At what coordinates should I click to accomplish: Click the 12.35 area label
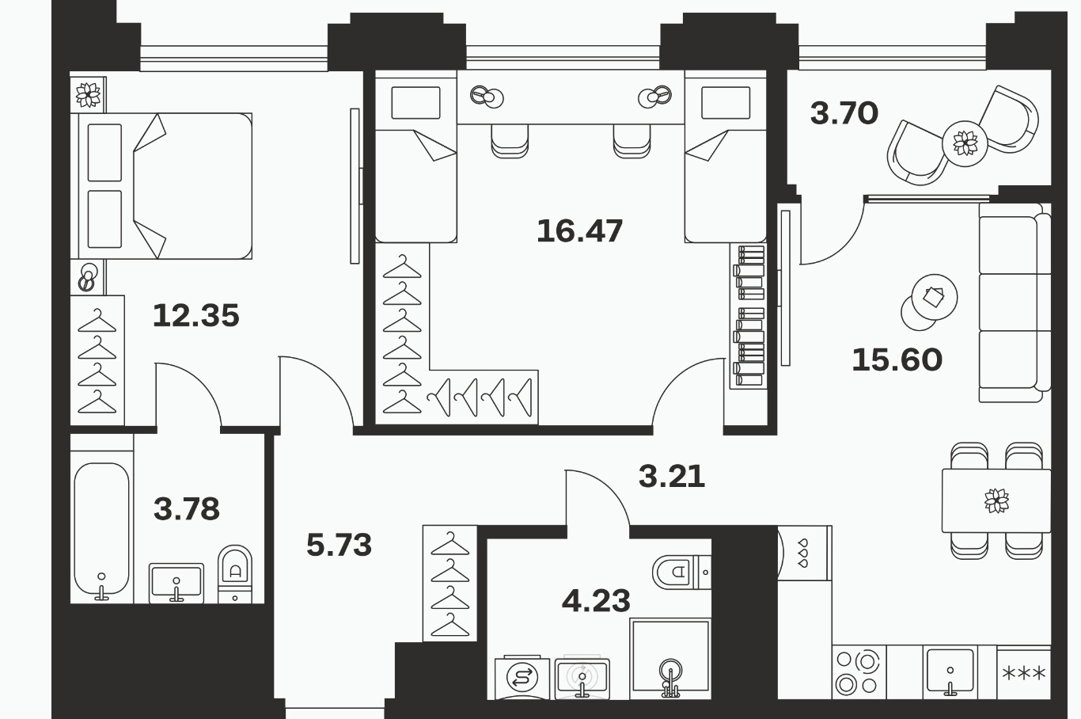(x=196, y=316)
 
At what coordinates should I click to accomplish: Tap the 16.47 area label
(x=579, y=230)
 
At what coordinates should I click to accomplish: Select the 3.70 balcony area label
(x=844, y=113)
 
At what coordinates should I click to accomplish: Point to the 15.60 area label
(x=897, y=360)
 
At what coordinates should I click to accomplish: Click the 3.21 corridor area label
(x=672, y=476)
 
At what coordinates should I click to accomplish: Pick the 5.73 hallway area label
(x=339, y=545)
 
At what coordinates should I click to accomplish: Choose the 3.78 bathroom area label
(x=187, y=509)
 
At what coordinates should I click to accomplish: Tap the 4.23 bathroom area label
(x=597, y=601)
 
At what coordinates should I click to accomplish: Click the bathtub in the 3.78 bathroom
(x=102, y=530)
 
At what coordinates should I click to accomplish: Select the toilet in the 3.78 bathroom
(x=235, y=573)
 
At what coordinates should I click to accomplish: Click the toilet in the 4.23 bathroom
(x=681, y=573)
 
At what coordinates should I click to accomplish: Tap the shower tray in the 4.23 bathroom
(x=670, y=659)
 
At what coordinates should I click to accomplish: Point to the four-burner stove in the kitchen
(x=859, y=672)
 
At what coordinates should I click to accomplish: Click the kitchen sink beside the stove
(x=950, y=671)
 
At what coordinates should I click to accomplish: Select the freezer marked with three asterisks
(x=1023, y=672)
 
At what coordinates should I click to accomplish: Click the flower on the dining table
(x=996, y=500)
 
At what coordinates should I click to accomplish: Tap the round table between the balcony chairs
(x=965, y=143)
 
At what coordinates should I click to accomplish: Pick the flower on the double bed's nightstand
(x=88, y=95)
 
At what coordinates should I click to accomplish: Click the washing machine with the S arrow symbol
(x=522, y=678)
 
